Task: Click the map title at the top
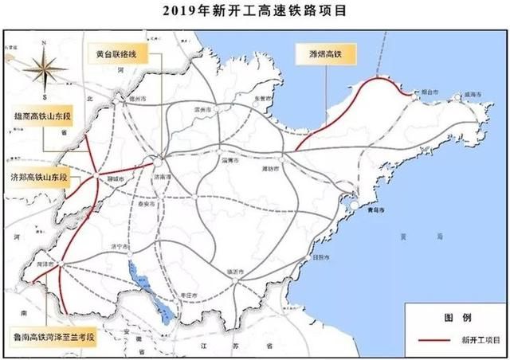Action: pyautogui.click(x=255, y=11)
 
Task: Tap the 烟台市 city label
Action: pyautogui.click(x=431, y=92)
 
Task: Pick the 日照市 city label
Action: pyautogui.click(x=321, y=257)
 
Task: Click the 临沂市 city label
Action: pyautogui.click(x=236, y=272)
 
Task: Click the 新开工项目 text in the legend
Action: pyautogui.click(x=481, y=338)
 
